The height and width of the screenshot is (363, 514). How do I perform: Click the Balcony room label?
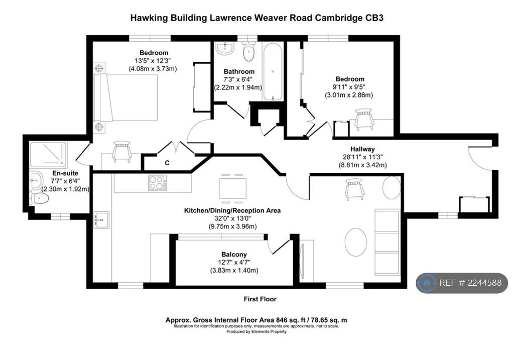coord(234,255)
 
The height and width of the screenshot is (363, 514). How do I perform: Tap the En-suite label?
coord(65,173)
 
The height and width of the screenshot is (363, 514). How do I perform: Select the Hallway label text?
coord(362,149)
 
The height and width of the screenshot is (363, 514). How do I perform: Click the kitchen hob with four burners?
coord(157,183)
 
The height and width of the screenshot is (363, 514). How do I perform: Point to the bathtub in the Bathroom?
coord(273,72)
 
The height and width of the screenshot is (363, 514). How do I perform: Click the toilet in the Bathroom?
coord(249,52)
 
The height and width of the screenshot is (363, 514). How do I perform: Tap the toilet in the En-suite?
coord(39,198)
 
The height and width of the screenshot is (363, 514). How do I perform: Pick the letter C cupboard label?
coord(167,163)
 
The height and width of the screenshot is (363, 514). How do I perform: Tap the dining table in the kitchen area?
coord(232,189)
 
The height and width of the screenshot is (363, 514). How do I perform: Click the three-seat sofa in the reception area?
coord(387,242)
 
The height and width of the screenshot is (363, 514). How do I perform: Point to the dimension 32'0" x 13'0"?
coord(232,218)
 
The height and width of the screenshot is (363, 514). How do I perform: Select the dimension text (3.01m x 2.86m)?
coord(349,95)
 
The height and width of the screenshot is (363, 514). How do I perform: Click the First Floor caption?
coord(260,299)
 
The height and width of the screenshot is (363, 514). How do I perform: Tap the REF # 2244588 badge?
coord(462,283)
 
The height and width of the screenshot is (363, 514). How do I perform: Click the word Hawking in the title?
coord(149,18)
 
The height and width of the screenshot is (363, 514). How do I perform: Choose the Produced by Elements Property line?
coord(256,331)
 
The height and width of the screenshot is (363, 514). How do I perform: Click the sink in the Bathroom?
coord(225,48)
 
